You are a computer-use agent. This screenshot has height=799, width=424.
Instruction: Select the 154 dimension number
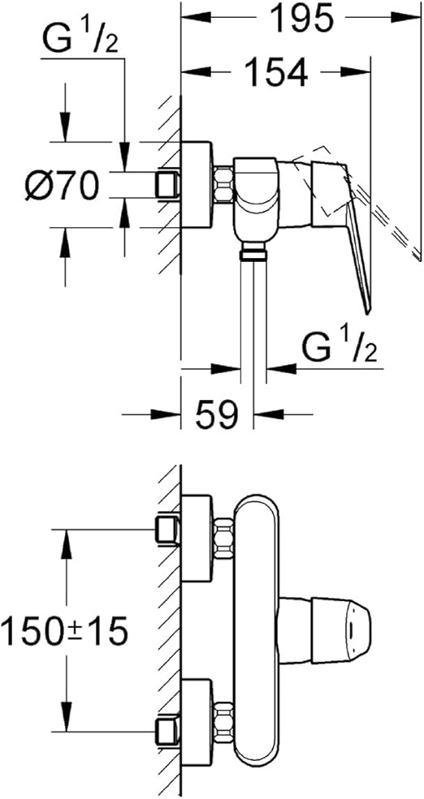[275, 74]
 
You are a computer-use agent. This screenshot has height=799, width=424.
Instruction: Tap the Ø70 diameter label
[62, 186]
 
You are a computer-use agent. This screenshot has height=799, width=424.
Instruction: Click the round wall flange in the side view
[199, 184]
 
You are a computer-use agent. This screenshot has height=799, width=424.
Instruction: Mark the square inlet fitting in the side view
[168, 186]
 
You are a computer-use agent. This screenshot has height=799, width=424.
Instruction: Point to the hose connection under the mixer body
[254, 253]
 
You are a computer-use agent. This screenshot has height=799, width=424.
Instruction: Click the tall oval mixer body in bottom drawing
[256, 625]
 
